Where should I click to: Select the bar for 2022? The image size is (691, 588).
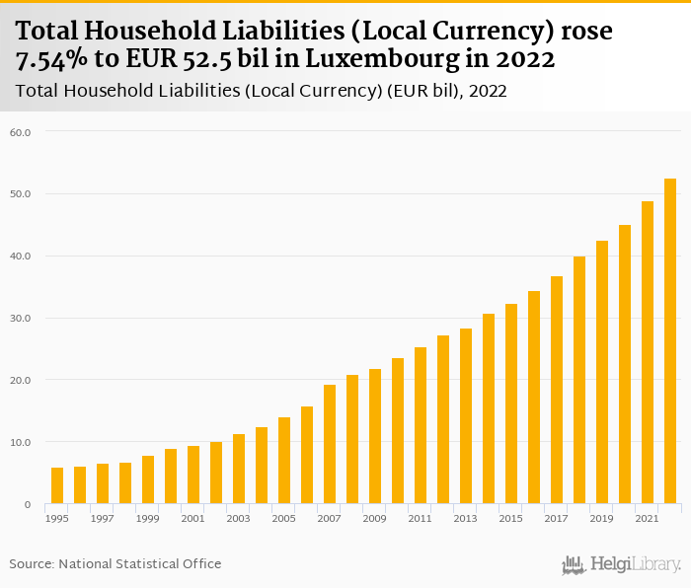(670, 341)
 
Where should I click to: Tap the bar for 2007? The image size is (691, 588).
(330, 444)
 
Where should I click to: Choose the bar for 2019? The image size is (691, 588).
(602, 372)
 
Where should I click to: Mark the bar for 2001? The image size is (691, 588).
(193, 475)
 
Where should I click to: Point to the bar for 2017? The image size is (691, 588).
(557, 390)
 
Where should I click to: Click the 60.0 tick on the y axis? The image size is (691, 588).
(22, 132)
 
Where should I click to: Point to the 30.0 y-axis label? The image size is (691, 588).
(22, 319)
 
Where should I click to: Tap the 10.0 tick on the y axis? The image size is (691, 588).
(22, 443)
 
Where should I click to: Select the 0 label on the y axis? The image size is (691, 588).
(28, 505)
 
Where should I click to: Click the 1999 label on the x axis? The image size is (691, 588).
(148, 518)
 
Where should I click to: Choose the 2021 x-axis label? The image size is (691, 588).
(648, 518)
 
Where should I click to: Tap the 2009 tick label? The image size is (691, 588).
(375, 518)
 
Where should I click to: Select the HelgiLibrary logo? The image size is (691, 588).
(622, 564)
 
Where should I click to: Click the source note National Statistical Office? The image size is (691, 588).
(140, 564)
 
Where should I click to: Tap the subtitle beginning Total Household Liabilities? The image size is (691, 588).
(262, 92)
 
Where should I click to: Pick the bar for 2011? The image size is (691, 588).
(421, 425)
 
